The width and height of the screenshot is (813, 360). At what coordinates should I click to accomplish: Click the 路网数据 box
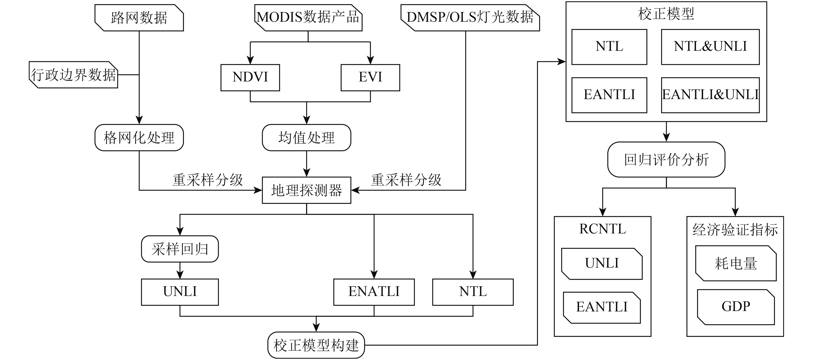click(x=139, y=18)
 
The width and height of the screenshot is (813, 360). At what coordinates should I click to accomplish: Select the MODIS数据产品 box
click(x=308, y=18)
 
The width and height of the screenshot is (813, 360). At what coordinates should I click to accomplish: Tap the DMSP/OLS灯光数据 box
click(x=470, y=18)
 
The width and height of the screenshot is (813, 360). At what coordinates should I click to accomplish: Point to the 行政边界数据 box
click(x=74, y=75)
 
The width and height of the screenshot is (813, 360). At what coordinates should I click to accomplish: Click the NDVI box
click(x=250, y=78)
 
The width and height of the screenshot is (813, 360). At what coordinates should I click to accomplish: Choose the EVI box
click(x=371, y=78)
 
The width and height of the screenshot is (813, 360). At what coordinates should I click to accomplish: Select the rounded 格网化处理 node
click(x=139, y=138)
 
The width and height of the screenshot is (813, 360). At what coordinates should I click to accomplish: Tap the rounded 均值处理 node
click(x=306, y=138)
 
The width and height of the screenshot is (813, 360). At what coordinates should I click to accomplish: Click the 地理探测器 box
click(x=306, y=190)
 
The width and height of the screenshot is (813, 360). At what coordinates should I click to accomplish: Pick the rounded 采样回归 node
click(x=180, y=249)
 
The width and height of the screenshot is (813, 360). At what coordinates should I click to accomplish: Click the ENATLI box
click(x=374, y=292)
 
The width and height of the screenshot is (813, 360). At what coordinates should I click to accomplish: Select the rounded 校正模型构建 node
click(x=316, y=345)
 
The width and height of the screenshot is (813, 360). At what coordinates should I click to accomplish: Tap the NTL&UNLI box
click(x=710, y=47)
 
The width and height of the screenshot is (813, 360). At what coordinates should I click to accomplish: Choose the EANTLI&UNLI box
click(x=710, y=95)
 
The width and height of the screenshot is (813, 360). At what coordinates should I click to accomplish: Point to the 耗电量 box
click(x=736, y=263)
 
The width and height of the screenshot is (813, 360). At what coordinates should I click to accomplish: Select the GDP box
click(x=736, y=307)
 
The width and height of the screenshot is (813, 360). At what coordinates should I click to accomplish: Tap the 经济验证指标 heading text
click(x=735, y=230)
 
